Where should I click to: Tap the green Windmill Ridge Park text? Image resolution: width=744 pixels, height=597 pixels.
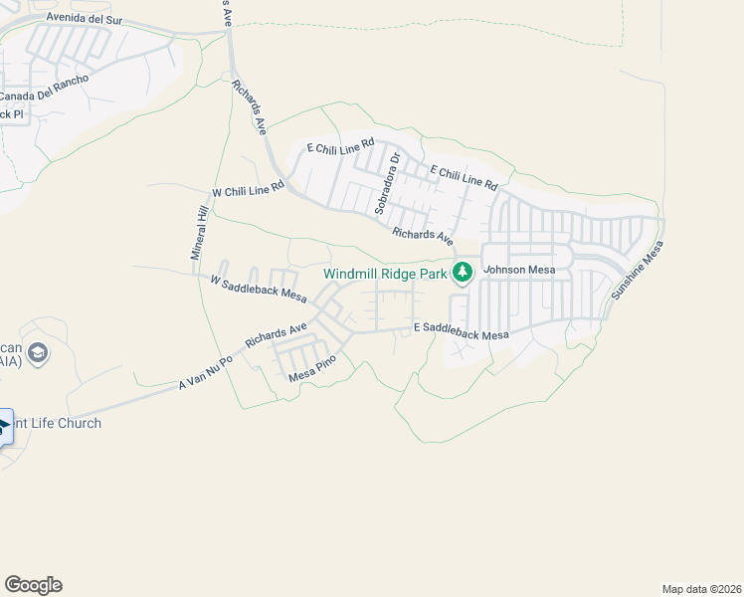pos(386,274)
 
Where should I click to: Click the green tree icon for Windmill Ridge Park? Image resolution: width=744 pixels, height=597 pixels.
pos(463,272)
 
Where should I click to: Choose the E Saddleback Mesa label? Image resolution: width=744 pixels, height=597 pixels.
pos(462,331)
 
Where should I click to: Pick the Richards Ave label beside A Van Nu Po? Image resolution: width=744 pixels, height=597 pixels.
pos(276,334)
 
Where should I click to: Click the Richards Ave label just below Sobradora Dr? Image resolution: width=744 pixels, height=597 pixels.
pos(422,236)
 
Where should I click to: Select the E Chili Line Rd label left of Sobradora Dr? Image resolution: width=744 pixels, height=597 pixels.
pos(340,147)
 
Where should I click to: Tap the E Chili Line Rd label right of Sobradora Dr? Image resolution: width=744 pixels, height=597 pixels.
pos(464,177)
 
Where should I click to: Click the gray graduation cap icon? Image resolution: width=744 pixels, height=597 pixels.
pos(38,353)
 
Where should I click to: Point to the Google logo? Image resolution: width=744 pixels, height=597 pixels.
pos(33,585)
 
